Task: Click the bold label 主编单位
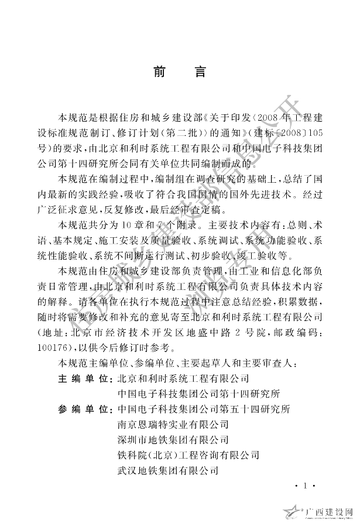[x=85, y=378]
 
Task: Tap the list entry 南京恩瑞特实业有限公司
[x=173, y=423]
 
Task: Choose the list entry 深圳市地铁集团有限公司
[x=173, y=439]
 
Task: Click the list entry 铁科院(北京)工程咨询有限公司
[x=188, y=454]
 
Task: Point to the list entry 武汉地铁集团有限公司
[x=168, y=469]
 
